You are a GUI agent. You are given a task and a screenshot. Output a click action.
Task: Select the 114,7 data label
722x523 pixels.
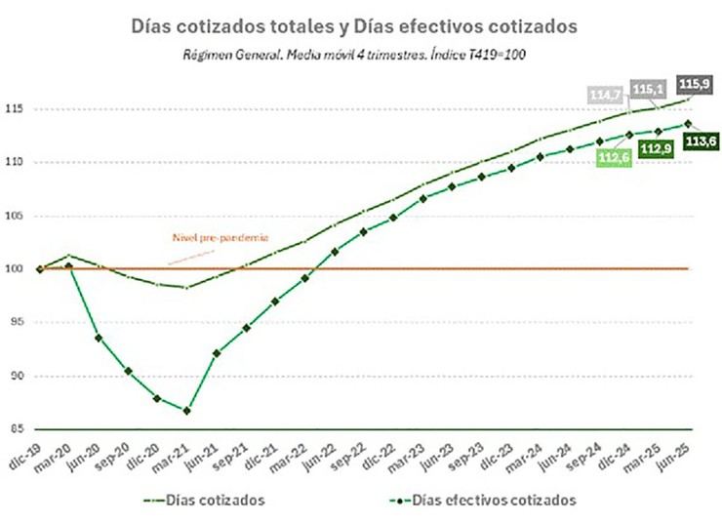606,95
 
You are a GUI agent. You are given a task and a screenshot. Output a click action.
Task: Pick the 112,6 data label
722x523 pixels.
614,158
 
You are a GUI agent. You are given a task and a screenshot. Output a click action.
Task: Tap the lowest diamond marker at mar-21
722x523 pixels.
186,410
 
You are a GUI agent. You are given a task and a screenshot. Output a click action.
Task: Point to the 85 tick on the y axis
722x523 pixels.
20,429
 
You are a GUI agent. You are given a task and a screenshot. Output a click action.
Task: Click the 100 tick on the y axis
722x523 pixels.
19,268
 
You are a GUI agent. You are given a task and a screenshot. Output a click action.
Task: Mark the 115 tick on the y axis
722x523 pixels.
19,108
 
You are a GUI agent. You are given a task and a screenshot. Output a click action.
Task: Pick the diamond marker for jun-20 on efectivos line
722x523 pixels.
99,338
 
